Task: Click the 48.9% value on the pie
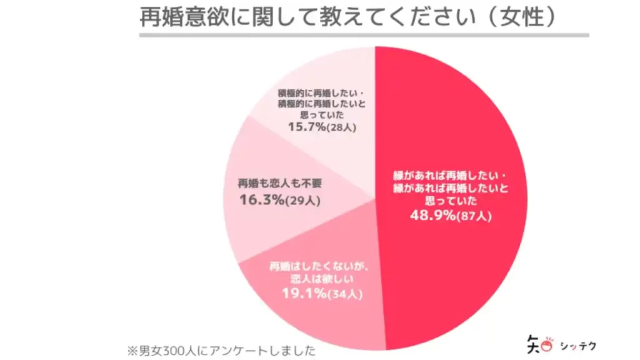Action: (x=431, y=216)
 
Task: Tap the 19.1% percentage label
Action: (x=302, y=292)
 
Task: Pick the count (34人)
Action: (x=346, y=293)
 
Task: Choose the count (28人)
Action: (x=343, y=127)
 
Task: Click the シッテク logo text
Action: (x=578, y=345)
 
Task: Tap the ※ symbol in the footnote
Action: (x=132, y=347)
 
